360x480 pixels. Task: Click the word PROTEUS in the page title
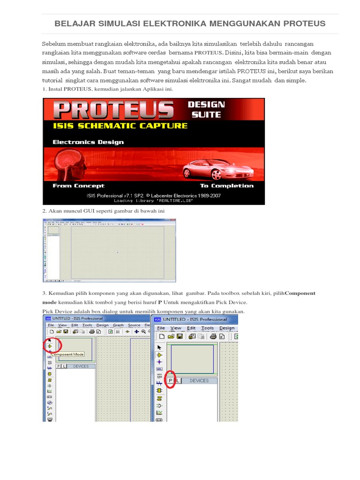[x=298, y=23]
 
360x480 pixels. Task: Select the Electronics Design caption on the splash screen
[x=88, y=142]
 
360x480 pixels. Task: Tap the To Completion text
[x=227, y=186]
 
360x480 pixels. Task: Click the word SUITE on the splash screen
[x=206, y=114]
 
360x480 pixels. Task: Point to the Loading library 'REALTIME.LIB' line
[x=153, y=201]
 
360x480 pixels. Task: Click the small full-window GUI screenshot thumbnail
[x=109, y=251]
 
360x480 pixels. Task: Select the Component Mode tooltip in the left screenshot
[x=67, y=355]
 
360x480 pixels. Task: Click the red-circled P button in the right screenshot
[x=171, y=381]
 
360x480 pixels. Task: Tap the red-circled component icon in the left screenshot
[x=50, y=346]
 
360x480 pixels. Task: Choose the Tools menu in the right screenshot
[x=207, y=328]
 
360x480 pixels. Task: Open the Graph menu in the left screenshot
[x=118, y=325]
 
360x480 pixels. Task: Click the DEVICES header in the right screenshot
[x=199, y=381]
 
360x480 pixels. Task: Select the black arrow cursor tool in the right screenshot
[x=159, y=347]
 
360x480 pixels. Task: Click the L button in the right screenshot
[x=178, y=381]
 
